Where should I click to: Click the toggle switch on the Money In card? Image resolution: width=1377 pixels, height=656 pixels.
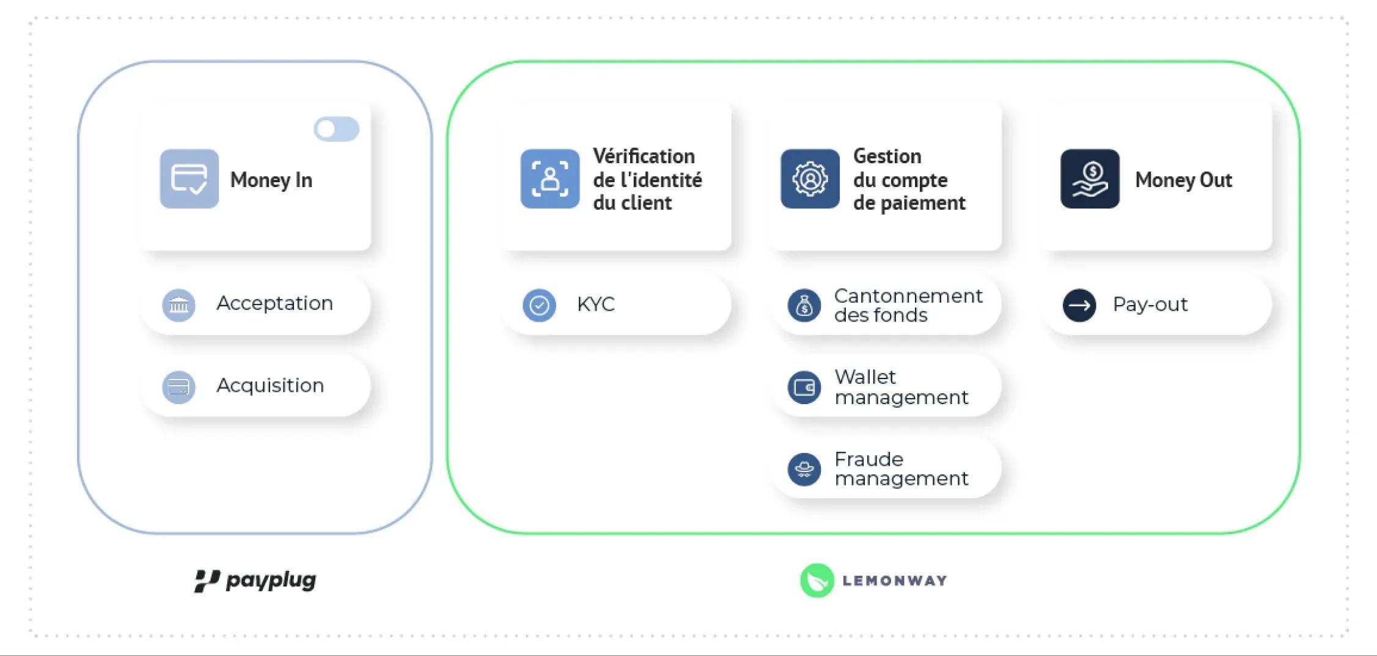(x=336, y=129)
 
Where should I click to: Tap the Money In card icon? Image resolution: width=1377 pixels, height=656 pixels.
(x=189, y=179)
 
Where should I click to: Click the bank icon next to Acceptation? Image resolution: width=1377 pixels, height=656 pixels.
(x=178, y=304)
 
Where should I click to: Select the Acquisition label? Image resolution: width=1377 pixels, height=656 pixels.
(x=270, y=385)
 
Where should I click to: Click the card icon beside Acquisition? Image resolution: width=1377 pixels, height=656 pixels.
(x=178, y=387)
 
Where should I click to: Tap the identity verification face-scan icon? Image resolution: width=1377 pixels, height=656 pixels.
(x=549, y=179)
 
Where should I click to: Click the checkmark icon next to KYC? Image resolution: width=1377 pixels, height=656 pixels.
(x=539, y=304)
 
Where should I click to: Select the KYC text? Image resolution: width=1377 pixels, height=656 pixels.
(x=595, y=304)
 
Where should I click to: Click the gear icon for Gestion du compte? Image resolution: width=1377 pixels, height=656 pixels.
(x=810, y=179)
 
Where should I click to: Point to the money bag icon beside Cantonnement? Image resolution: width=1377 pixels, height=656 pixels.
(x=804, y=305)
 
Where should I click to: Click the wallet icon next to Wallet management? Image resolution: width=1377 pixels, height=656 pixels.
(x=804, y=387)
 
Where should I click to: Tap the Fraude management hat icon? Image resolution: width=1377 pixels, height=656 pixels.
(x=804, y=469)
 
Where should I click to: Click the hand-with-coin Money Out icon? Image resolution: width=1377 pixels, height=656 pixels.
(x=1090, y=179)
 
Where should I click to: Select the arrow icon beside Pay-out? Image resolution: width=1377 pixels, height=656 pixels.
(x=1079, y=304)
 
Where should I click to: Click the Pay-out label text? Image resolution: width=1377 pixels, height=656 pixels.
(x=1150, y=304)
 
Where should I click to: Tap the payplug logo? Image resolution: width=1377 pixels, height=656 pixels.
(x=255, y=580)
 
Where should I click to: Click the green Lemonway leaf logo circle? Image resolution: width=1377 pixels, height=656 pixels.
(x=817, y=580)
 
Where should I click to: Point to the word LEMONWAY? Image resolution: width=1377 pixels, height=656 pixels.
(x=894, y=581)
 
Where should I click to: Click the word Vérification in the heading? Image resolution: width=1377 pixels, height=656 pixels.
(x=643, y=156)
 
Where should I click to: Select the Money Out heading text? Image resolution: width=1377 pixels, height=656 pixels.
(x=1183, y=180)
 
